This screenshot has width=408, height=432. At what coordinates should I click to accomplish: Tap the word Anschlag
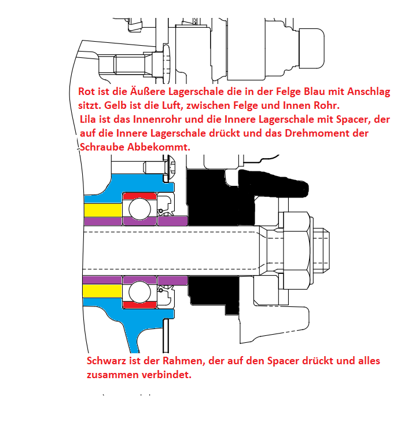[369, 93]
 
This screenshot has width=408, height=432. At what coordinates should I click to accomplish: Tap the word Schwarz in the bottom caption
[106, 361]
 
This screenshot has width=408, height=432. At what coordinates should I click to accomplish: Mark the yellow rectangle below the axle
[102, 289]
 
